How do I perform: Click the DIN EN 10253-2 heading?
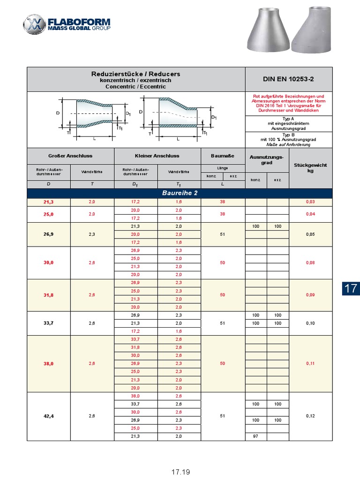(x=289, y=79)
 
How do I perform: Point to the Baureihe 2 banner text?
(x=180, y=193)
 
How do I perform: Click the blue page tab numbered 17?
(x=351, y=288)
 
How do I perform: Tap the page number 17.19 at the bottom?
(x=180, y=472)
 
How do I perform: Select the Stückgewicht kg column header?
(x=310, y=168)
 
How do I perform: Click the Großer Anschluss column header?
(x=70, y=156)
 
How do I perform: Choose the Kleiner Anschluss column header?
(x=157, y=156)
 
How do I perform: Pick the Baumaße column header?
(x=223, y=156)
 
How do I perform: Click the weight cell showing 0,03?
(x=310, y=202)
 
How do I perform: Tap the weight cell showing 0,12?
(x=310, y=416)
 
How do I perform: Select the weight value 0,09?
(x=310, y=295)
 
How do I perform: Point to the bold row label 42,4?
(x=48, y=416)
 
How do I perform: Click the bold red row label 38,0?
(x=48, y=363)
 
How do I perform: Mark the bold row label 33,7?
(x=48, y=323)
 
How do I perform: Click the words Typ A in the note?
(x=289, y=119)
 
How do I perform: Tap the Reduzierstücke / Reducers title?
(x=135, y=74)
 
